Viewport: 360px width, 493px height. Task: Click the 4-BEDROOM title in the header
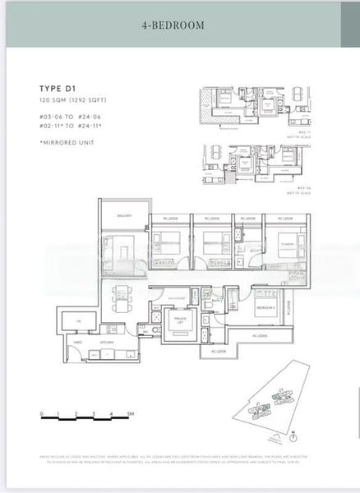coord(173,25)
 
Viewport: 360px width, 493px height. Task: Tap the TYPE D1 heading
coord(60,88)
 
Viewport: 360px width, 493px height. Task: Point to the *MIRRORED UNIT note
coord(68,143)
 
